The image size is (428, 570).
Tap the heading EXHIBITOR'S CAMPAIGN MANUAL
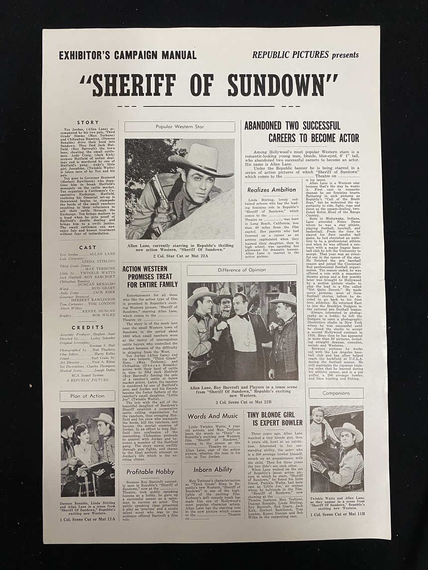point(127,55)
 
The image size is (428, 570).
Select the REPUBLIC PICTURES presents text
point(305,55)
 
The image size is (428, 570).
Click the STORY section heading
point(88,122)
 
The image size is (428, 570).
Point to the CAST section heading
point(88,247)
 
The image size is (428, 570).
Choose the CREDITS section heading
point(88,328)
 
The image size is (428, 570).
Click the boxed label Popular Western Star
point(180,127)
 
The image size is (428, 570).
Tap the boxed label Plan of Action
point(88,396)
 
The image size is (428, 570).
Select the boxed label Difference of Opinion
point(242,270)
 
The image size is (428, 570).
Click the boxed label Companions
point(336,393)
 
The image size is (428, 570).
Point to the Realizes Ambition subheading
point(272,190)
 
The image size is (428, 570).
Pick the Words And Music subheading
point(213,416)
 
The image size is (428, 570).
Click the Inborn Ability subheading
point(213,470)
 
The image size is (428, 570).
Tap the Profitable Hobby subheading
point(150,472)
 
